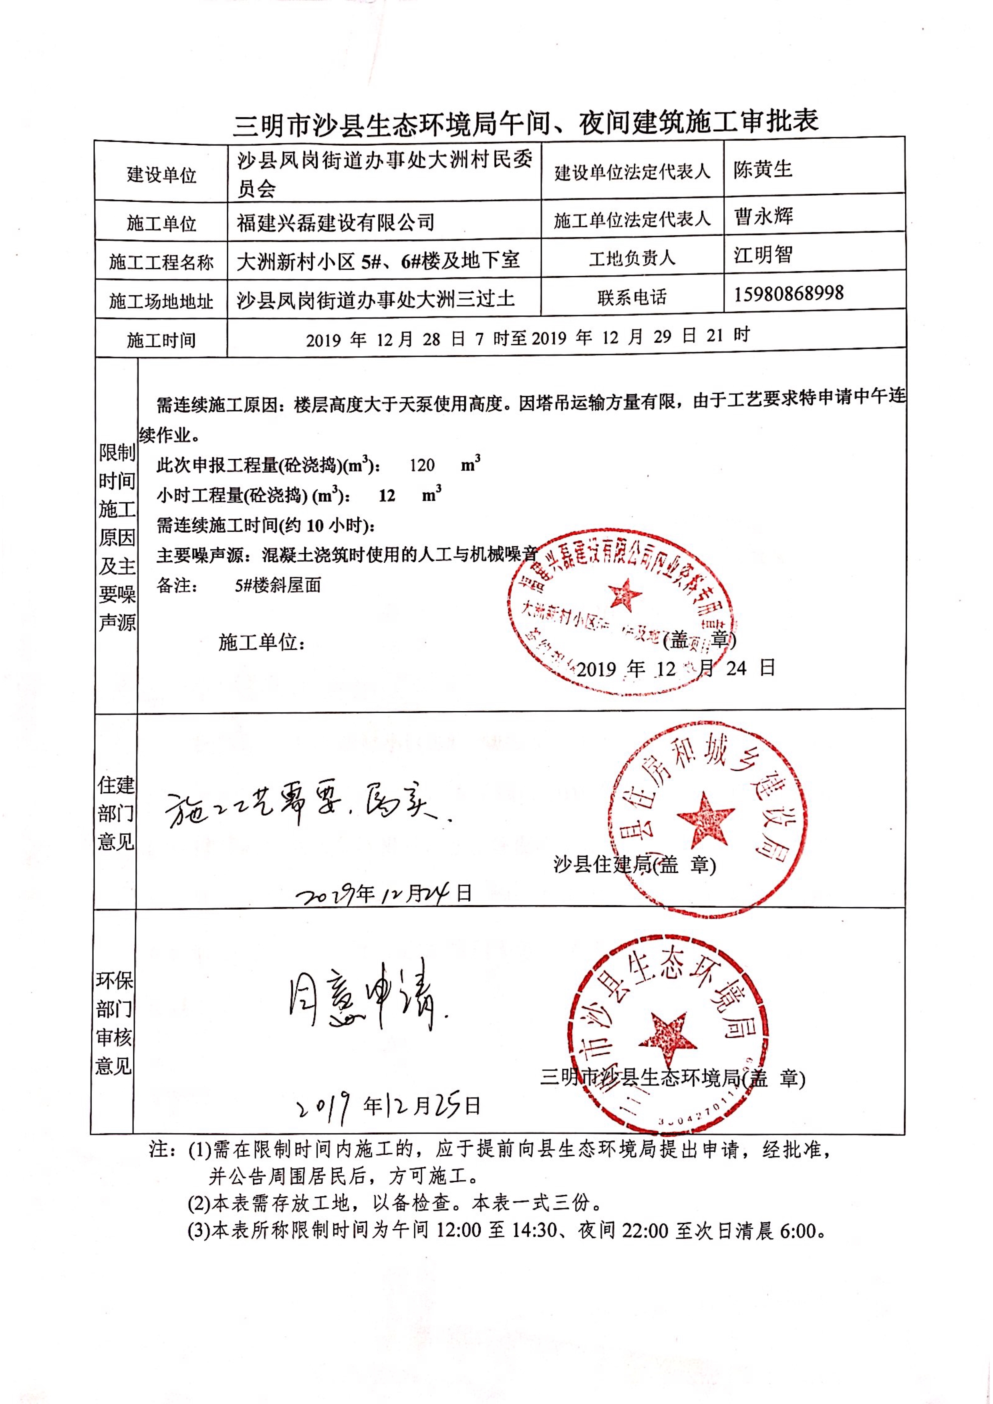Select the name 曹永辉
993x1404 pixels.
[763, 216]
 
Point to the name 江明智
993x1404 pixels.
[763, 255]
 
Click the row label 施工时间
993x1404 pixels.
[161, 340]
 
